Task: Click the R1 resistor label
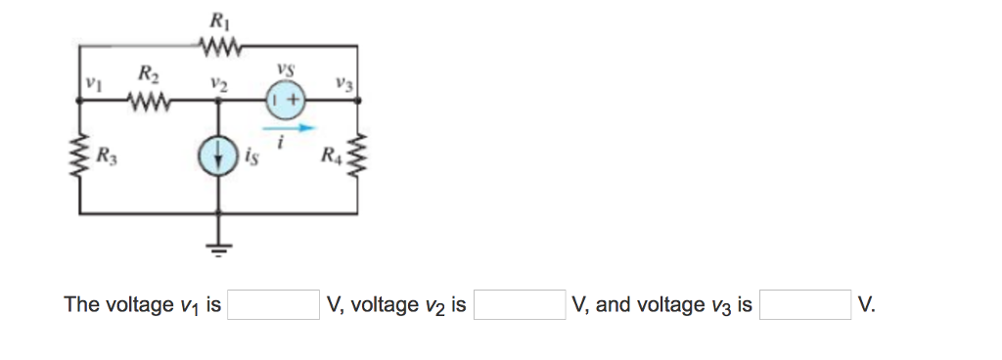pyautogui.click(x=216, y=20)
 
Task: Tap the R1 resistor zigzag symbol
pyautogui.click(x=216, y=44)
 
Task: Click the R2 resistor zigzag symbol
pyautogui.click(x=148, y=100)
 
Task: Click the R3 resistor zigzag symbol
pyautogui.click(x=79, y=156)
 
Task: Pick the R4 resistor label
pyautogui.click(x=334, y=155)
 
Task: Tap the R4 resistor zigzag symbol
pyautogui.click(x=354, y=156)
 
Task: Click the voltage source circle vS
pyautogui.click(x=285, y=99)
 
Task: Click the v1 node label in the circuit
pyautogui.click(x=93, y=84)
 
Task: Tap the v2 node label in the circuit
pyautogui.click(x=218, y=84)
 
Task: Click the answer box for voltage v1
pyautogui.click(x=273, y=305)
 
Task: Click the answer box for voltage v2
pyautogui.click(x=519, y=305)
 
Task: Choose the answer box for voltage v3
pyautogui.click(x=804, y=305)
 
